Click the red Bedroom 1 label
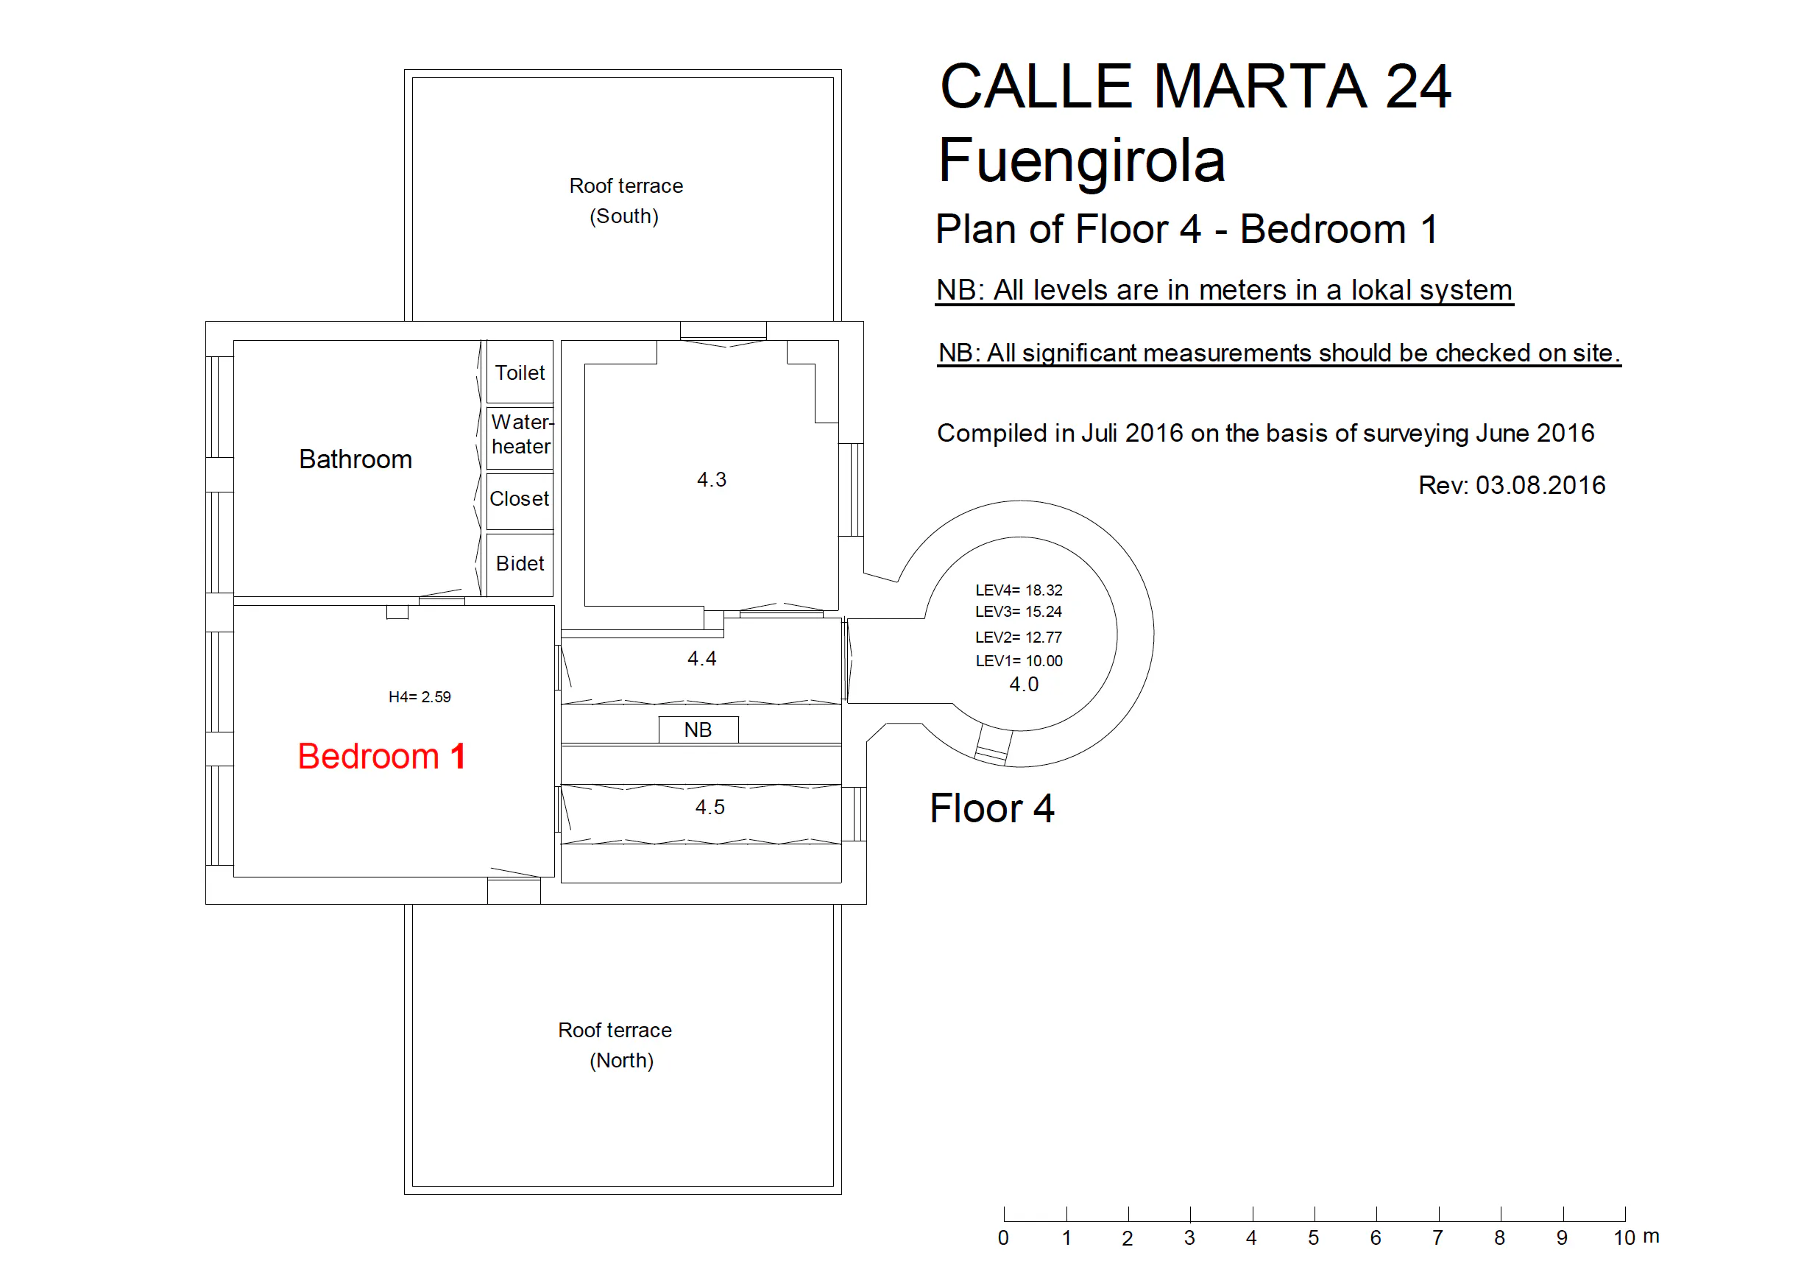click(381, 756)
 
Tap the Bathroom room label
click(355, 459)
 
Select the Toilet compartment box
click(520, 372)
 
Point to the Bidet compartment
click(520, 565)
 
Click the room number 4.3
click(712, 480)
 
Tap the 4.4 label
click(702, 658)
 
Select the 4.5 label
click(710, 807)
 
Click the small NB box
click(698, 730)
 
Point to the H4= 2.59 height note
click(420, 696)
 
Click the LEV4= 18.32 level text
click(1019, 590)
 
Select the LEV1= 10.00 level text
click(1019, 661)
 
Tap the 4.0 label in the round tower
click(1024, 685)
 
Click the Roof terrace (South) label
click(626, 201)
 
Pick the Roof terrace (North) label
click(615, 1045)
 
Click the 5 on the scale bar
click(1313, 1238)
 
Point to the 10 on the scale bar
click(1624, 1238)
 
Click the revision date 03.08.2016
click(1540, 484)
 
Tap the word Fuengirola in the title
click(1081, 161)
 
